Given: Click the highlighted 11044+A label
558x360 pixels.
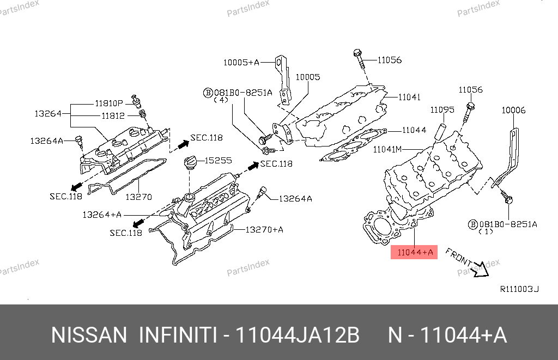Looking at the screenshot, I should point(415,252).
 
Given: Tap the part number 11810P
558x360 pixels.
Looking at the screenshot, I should point(110,102).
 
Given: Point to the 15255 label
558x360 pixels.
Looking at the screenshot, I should point(218,161).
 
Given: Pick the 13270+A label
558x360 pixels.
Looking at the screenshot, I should point(264,230).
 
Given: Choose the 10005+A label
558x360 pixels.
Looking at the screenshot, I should point(241,63).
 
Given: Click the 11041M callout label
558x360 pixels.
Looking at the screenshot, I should point(387,148).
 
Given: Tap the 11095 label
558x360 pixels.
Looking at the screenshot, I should point(442,110).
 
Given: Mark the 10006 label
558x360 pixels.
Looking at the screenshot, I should point(513,110).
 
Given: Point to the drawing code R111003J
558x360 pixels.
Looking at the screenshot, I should point(519,289).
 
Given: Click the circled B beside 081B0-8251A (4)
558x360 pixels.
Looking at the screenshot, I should point(208,93).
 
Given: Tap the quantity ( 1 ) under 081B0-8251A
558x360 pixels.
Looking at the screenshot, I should point(486,231).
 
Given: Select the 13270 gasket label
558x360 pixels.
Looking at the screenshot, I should point(139,197).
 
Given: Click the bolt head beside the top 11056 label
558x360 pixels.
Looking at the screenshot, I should point(358,53).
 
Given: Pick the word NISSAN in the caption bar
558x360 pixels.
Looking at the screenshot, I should point(89,335).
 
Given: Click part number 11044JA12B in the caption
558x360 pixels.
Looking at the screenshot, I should point(297,335).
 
